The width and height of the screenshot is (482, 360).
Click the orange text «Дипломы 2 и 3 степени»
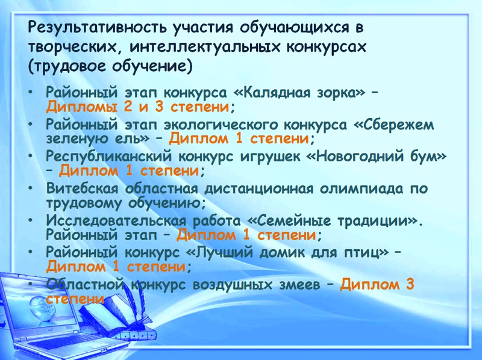tap(137, 107)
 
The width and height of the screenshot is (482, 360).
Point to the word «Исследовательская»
tap(116, 220)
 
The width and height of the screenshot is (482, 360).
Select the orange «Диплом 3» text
tap(377, 284)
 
